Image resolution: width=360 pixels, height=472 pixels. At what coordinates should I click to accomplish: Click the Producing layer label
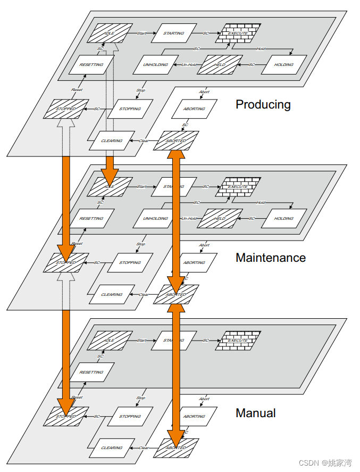263,104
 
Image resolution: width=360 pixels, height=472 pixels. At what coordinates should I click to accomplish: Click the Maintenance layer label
271,258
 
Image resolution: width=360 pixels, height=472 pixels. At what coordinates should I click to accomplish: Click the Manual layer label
256,413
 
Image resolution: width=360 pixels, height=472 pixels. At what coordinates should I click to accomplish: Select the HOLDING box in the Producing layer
283,64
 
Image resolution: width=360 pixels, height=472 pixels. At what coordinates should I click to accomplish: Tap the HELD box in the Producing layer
220,64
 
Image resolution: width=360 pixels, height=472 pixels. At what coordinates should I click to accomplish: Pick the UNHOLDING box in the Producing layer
156,64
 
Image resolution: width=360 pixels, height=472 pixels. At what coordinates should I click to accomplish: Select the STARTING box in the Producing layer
174,33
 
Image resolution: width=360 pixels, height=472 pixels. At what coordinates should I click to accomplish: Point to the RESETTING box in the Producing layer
91,64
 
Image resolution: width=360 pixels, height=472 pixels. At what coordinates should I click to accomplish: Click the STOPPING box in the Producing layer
130,109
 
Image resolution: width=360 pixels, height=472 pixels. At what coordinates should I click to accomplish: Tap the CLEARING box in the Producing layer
112,140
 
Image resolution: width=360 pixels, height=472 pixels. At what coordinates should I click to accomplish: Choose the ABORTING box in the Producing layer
194,109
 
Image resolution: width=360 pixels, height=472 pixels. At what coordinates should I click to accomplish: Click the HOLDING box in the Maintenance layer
283,218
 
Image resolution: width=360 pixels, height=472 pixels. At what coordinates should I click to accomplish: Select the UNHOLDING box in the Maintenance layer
156,218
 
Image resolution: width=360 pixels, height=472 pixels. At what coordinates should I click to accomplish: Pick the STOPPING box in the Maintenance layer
130,262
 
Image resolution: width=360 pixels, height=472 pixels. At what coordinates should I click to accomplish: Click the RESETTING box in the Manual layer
91,372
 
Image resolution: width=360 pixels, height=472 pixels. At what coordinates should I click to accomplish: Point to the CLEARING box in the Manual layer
112,448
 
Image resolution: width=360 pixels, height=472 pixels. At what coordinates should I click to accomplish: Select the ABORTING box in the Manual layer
194,416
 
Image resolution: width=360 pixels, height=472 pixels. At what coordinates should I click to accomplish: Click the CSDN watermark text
325,462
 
